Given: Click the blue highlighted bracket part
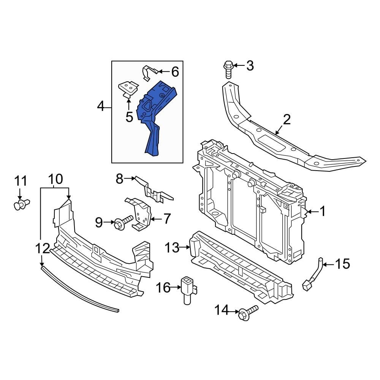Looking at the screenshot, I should pos(156,114).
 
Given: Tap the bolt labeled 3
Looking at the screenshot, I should pos(228,69).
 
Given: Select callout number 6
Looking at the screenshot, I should pos(174,71).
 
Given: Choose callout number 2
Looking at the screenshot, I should pos(287,120).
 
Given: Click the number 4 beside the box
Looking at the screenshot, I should pos(101,107).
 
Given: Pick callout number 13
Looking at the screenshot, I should pos(172,248).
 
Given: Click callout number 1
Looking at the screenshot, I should pos(323,211).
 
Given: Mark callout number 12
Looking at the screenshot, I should pos(43,249).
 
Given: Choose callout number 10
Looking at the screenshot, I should pos(55,179).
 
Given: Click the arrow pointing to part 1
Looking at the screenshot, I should pos(311,211).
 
